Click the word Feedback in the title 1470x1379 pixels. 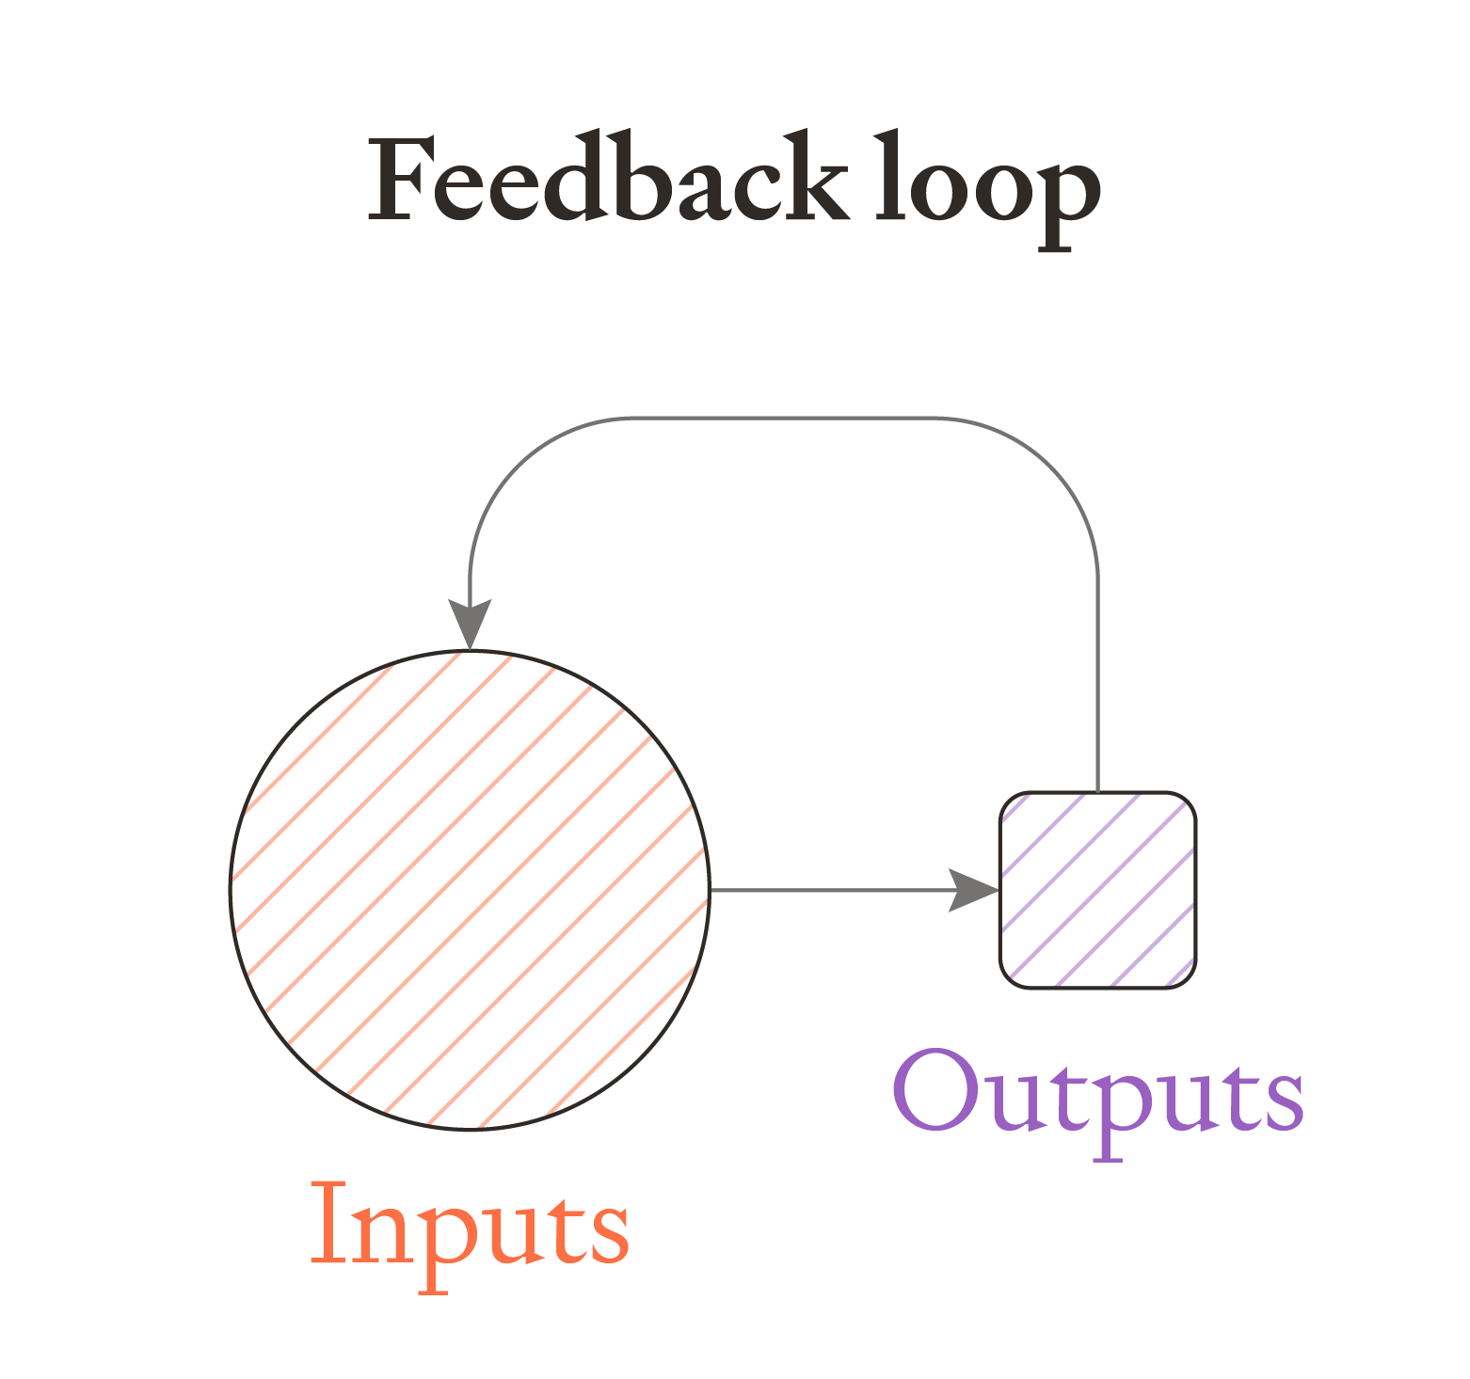click(607, 180)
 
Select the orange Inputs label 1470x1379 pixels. click(469, 1228)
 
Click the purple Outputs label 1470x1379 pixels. click(1097, 1097)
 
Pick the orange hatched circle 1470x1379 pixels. click(470, 890)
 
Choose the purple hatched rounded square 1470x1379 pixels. click(1097, 890)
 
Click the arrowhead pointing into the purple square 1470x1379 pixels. click(974, 890)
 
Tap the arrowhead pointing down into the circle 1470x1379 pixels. click(470, 624)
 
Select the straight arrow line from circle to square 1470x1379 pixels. click(828, 890)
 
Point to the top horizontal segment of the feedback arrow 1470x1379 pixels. click(781, 419)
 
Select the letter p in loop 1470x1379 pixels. click(1068, 198)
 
